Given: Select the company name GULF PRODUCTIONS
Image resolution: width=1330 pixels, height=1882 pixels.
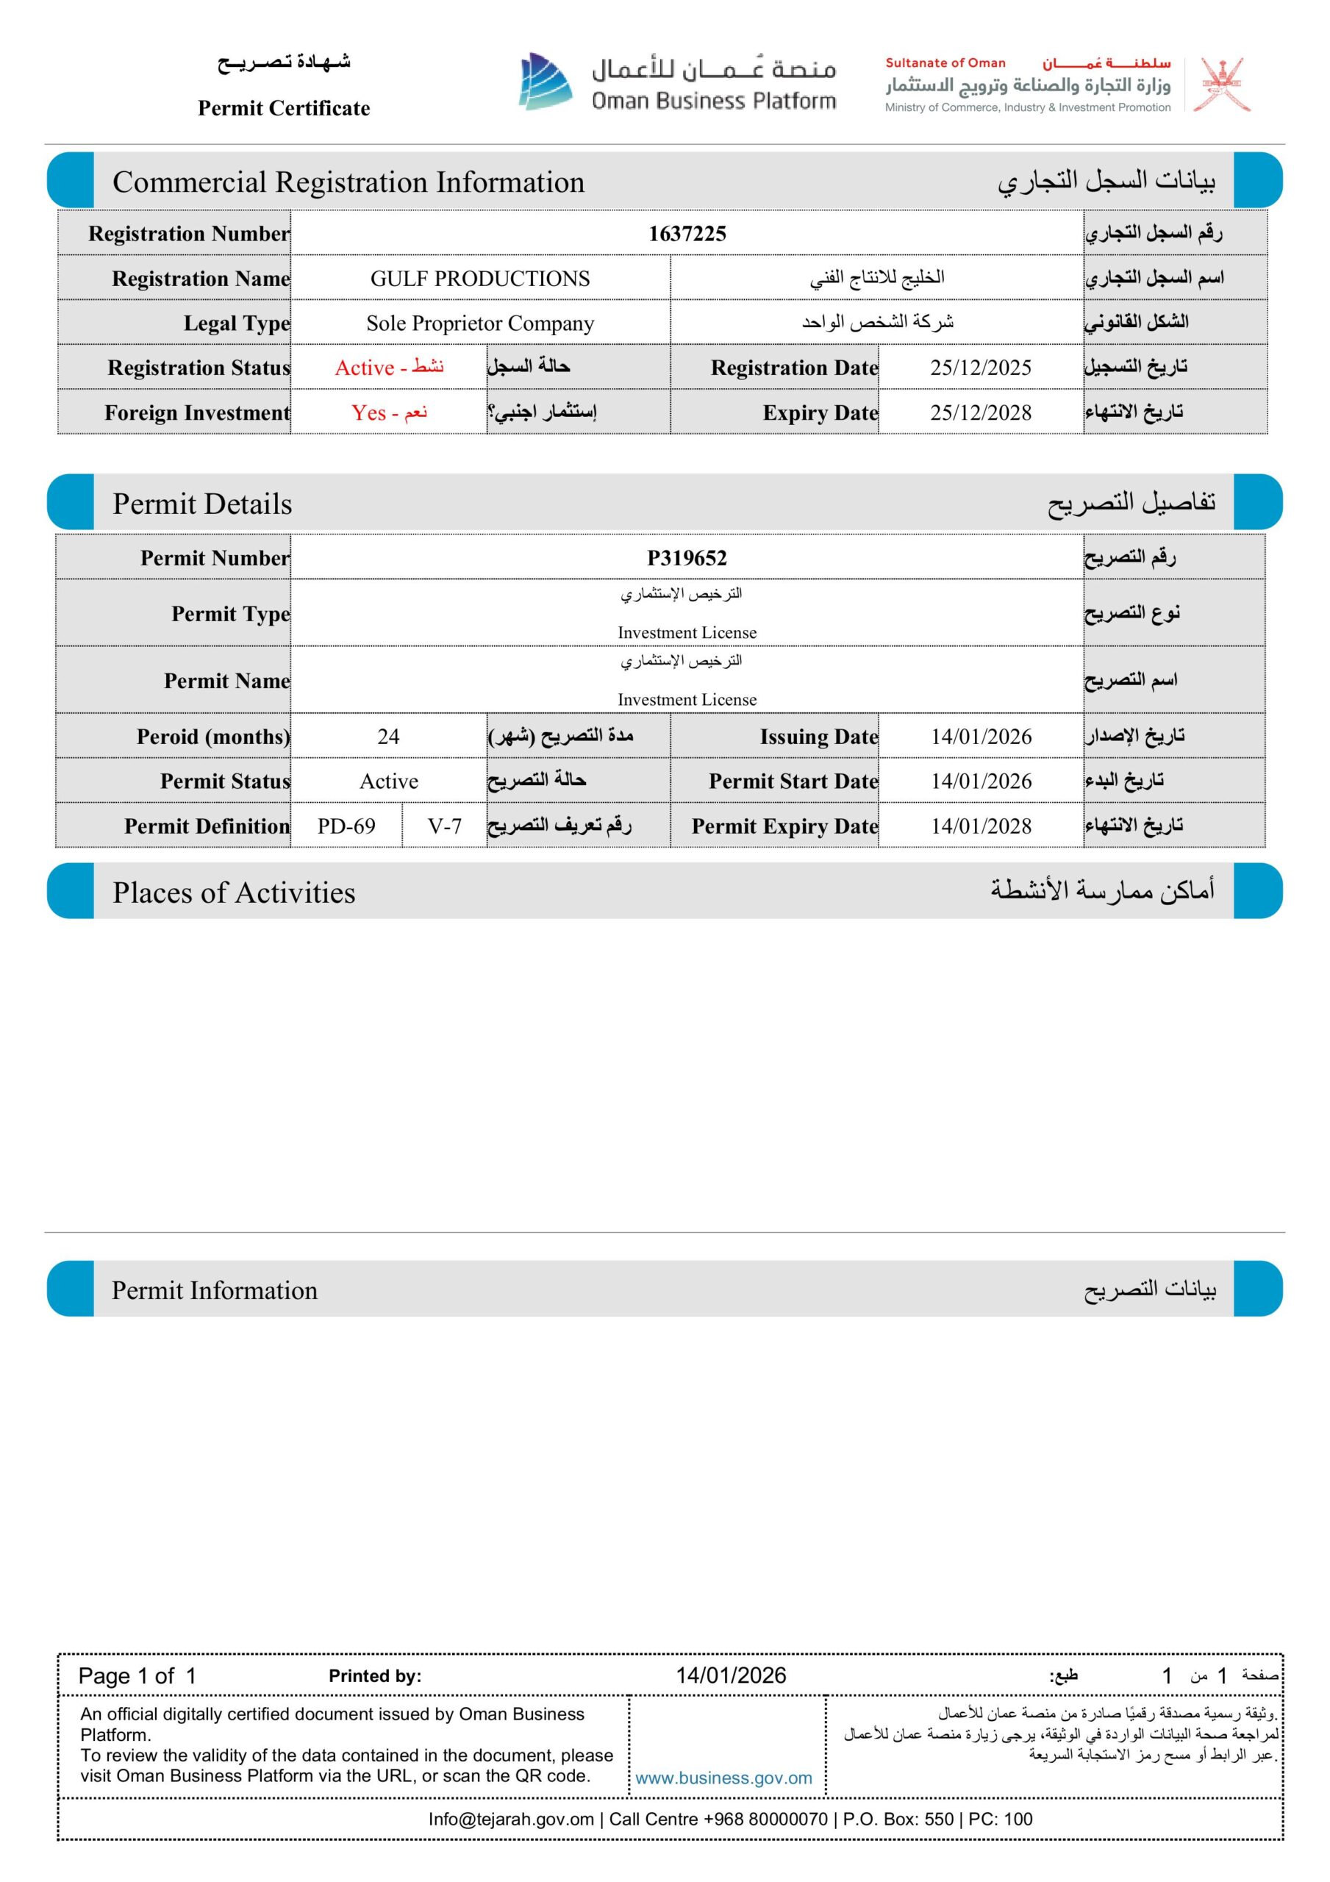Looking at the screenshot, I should click(479, 279).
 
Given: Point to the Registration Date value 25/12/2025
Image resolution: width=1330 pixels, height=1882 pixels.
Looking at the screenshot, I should click(980, 368).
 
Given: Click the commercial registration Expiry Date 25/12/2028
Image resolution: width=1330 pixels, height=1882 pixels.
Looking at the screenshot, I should click(980, 412).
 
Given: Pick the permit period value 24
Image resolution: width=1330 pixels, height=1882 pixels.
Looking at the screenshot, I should click(388, 737).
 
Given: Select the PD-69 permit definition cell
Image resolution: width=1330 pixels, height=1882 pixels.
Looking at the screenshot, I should click(346, 826).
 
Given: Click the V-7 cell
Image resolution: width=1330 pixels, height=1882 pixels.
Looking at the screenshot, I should click(444, 826).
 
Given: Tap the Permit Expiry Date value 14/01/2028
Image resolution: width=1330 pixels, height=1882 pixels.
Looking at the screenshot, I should click(980, 826).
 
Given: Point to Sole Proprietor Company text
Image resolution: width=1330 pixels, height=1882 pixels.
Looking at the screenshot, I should click(479, 323).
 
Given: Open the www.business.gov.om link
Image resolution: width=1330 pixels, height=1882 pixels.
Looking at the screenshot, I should click(723, 1778).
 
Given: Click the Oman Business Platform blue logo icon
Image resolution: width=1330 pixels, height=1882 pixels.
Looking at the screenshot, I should click(546, 82).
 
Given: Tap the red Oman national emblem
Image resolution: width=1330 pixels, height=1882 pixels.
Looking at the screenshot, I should click(1221, 85).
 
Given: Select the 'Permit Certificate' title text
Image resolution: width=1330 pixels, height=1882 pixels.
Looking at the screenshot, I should click(284, 108).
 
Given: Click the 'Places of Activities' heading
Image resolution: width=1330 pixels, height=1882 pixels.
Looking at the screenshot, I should click(234, 892).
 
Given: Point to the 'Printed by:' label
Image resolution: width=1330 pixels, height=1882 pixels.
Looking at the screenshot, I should click(375, 1676).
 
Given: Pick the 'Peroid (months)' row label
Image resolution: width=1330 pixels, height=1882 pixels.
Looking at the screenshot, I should click(213, 737).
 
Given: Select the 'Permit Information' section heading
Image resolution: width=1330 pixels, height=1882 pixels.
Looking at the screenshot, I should click(214, 1290).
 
